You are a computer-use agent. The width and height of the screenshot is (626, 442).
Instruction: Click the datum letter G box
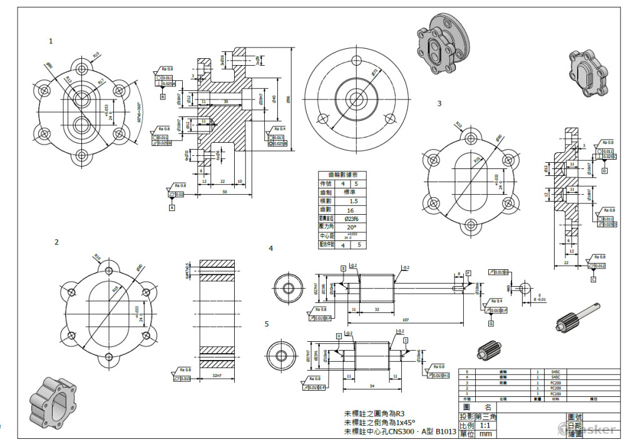point(490,323)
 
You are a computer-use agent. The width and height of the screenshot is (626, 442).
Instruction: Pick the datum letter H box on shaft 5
point(339,336)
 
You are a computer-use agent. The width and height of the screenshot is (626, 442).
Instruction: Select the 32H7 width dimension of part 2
point(217,376)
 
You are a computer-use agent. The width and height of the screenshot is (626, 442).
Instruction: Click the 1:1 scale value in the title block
point(485,425)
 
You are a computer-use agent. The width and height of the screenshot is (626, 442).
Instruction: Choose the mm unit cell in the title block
point(485,433)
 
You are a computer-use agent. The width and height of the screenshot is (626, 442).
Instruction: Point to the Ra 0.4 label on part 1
point(280,129)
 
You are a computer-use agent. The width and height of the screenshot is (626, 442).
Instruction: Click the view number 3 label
point(439,103)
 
